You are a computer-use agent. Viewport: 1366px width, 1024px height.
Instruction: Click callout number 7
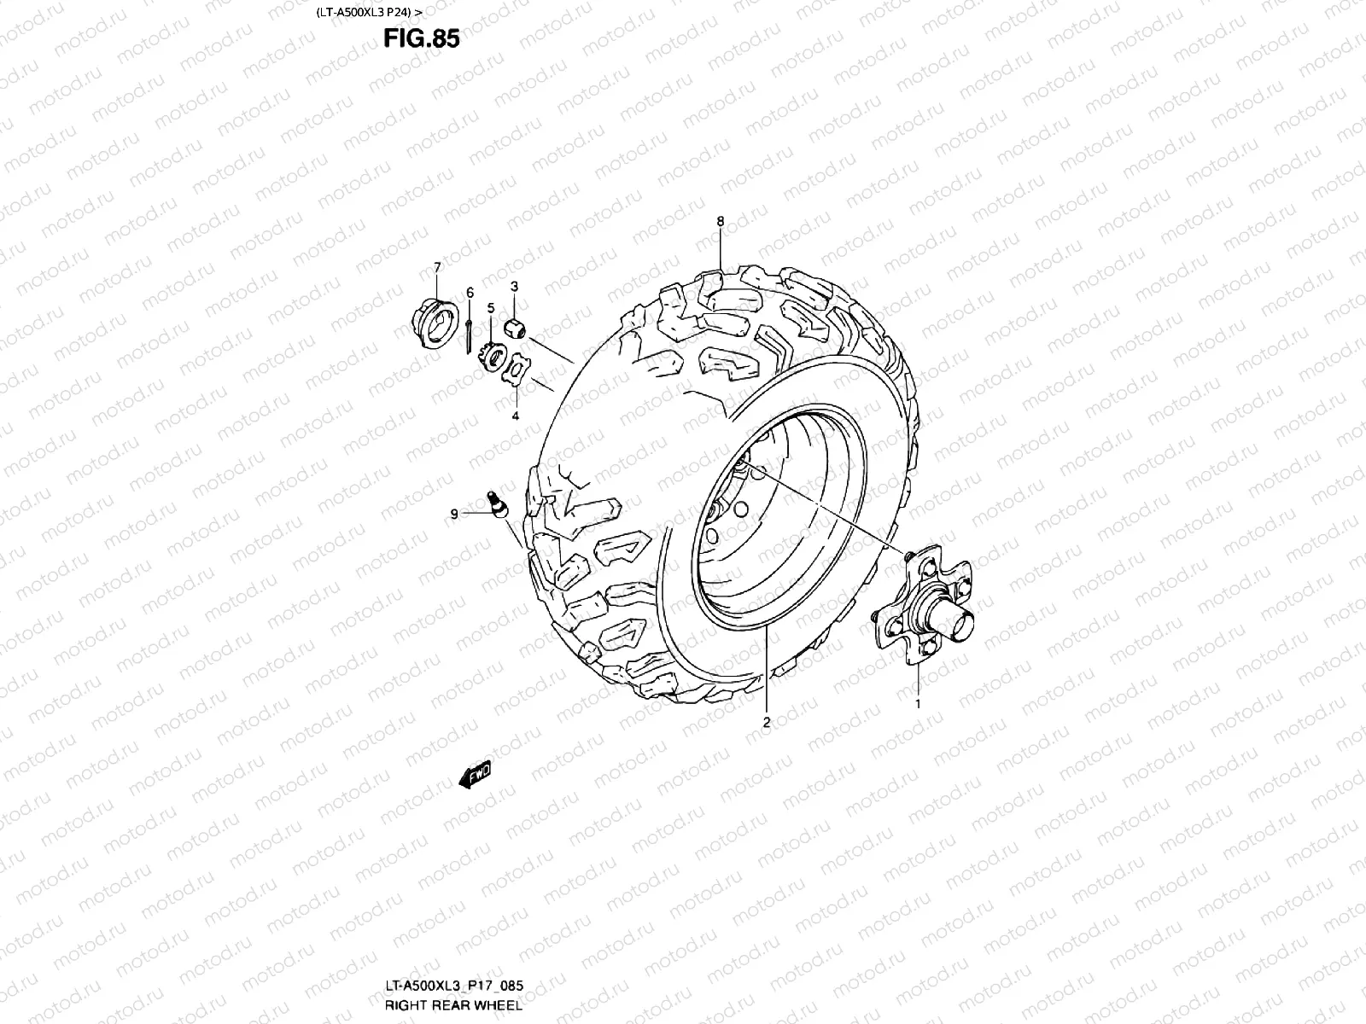437,267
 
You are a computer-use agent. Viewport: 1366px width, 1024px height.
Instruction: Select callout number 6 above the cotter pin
470,293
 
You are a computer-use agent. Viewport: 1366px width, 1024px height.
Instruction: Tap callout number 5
491,307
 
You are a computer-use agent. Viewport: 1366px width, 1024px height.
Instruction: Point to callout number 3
515,285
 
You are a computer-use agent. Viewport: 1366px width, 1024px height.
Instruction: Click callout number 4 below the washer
515,416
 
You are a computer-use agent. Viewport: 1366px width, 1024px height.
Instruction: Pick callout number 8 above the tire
720,221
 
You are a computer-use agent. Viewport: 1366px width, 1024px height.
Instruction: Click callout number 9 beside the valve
454,514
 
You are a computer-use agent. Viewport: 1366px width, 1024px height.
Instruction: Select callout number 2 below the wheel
766,722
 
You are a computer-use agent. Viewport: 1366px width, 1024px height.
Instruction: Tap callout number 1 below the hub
918,704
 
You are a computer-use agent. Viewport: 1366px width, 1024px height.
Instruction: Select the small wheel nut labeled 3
517,325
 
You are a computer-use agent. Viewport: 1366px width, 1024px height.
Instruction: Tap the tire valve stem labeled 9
497,502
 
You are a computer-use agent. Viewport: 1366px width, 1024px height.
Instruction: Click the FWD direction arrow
475,775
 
